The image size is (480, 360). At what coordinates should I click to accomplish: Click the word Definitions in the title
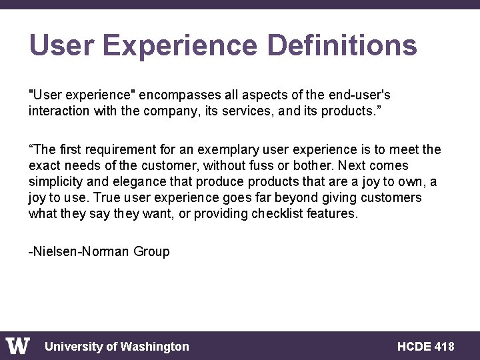pos(342,46)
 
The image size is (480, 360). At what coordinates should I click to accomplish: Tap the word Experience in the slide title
pos(179,46)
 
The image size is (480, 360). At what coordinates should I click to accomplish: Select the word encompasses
pos(165,95)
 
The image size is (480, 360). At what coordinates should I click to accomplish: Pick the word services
pos(227,111)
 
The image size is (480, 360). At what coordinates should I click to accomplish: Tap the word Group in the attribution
pos(151,251)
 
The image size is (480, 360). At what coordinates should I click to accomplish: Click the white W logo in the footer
pos(18,346)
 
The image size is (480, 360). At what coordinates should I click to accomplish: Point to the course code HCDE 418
pos(425,346)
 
